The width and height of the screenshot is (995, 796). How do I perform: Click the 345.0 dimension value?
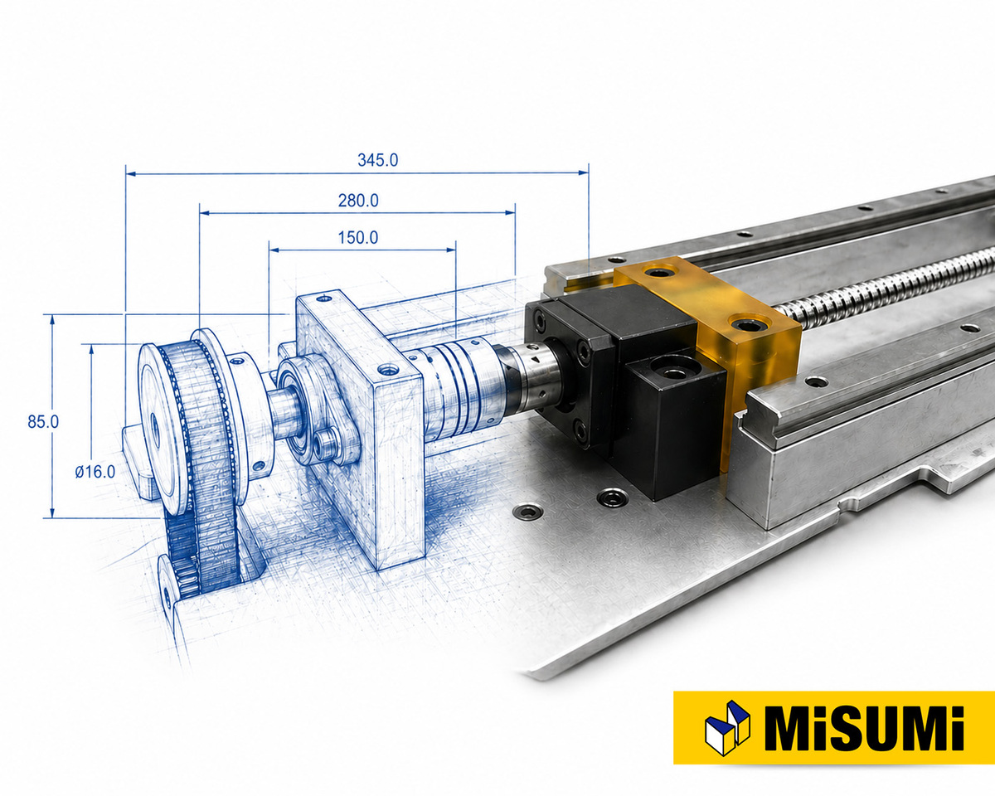point(378,160)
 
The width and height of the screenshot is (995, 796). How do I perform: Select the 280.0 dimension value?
point(358,201)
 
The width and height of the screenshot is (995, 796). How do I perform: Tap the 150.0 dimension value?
point(358,238)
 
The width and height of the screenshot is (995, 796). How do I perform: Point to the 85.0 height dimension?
point(43,422)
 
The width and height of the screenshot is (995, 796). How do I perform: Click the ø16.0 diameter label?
point(95,472)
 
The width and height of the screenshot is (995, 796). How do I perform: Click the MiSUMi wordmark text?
point(865,736)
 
